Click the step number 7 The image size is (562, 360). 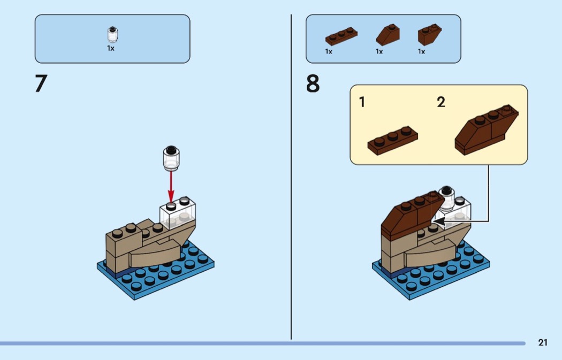click(x=41, y=83)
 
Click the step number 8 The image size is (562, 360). click(x=313, y=83)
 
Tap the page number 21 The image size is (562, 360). click(x=543, y=342)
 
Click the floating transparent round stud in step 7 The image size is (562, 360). click(x=171, y=158)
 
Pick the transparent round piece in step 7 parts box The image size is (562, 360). click(x=112, y=34)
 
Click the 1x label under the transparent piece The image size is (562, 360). click(x=111, y=48)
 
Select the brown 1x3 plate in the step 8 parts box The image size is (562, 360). click(x=341, y=36)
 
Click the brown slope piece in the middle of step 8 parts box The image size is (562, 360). click(x=388, y=35)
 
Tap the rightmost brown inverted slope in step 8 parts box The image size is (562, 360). click(x=429, y=35)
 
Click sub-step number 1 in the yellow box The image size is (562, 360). click(x=362, y=102)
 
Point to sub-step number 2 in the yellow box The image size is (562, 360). click(x=441, y=102)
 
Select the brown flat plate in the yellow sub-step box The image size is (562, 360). click(x=392, y=141)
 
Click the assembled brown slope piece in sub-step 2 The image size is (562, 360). click(x=486, y=129)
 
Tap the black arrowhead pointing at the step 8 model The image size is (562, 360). click(x=439, y=221)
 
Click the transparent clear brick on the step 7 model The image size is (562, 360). click(x=178, y=212)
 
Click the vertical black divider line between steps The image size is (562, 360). click(x=291, y=177)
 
